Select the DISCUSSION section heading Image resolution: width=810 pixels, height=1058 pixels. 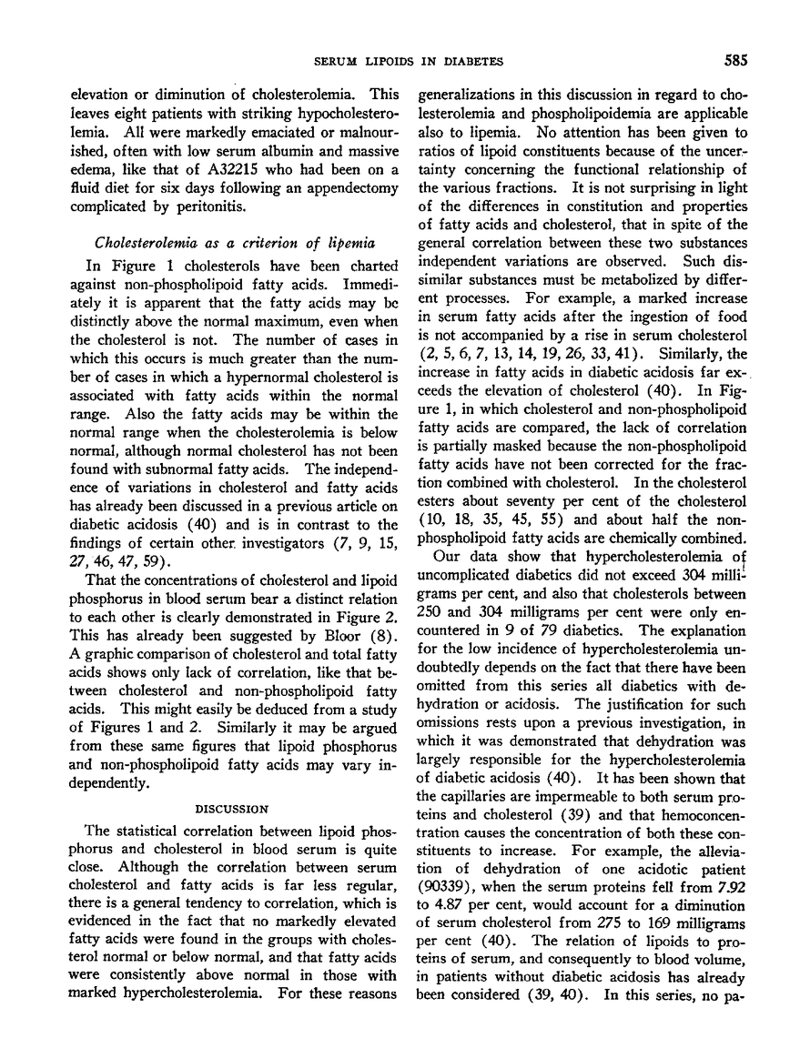(233, 807)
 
